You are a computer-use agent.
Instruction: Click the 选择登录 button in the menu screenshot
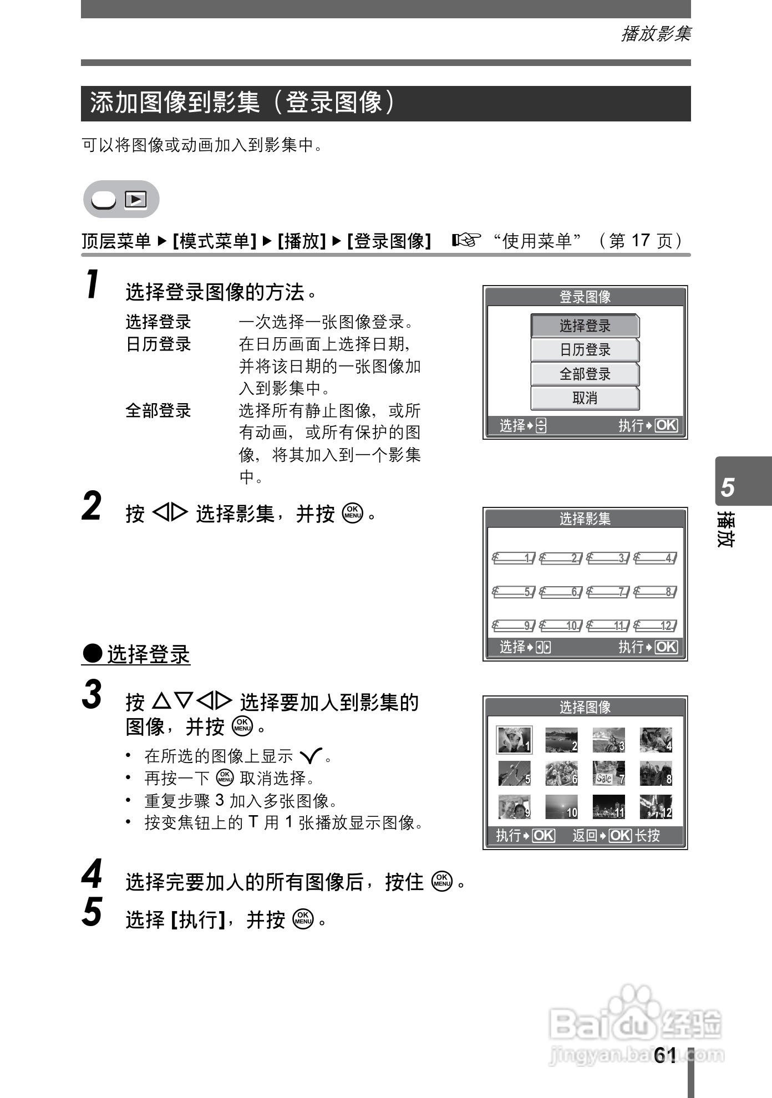pyautogui.click(x=585, y=326)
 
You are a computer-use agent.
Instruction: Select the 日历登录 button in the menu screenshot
pyautogui.click(x=585, y=350)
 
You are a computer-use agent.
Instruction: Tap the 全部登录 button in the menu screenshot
pyautogui.click(x=585, y=374)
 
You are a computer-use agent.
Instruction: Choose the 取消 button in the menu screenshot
pyautogui.click(x=585, y=398)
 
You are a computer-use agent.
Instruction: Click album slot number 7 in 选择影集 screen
pyautogui.click(x=608, y=592)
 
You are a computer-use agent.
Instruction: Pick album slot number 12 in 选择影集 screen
pyautogui.click(x=656, y=626)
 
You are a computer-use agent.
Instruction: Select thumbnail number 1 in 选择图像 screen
pyautogui.click(x=514, y=740)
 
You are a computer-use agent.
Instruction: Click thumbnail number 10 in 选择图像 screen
pyautogui.click(x=561, y=807)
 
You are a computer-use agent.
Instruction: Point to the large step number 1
pyautogui.click(x=93, y=284)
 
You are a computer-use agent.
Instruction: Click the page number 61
pyautogui.click(x=665, y=1055)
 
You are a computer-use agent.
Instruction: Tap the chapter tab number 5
pyautogui.click(x=728, y=488)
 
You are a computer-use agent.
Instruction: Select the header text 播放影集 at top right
pyautogui.click(x=656, y=34)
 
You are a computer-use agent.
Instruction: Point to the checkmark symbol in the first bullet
pyautogui.click(x=310, y=756)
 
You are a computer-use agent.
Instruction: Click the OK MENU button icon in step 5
pyautogui.click(x=304, y=919)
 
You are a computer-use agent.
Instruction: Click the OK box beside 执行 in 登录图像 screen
pyautogui.click(x=666, y=425)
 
